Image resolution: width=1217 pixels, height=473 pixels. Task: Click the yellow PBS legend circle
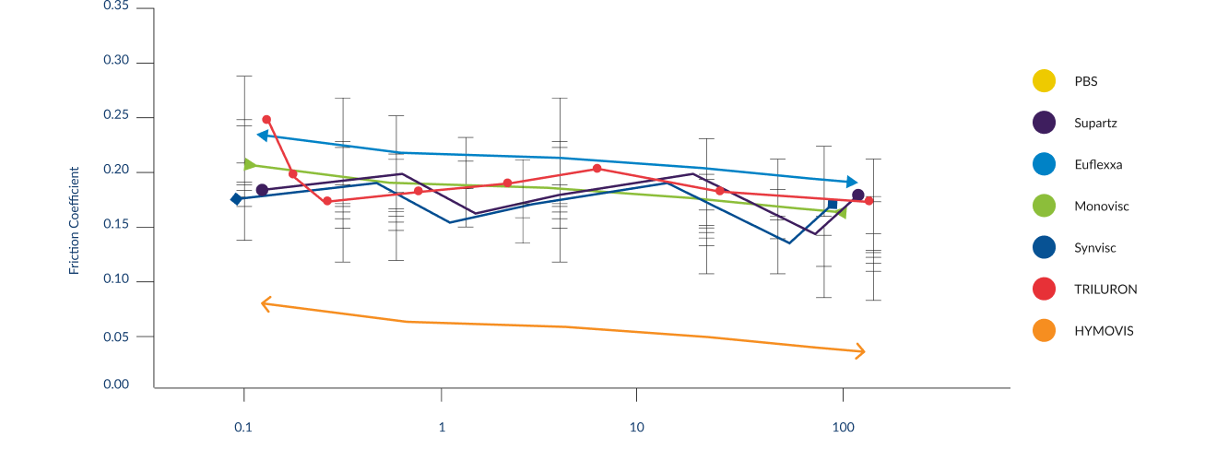click(1044, 81)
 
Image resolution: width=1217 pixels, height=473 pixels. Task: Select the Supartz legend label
click(1095, 124)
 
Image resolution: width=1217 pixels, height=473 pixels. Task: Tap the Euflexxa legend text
click(1097, 165)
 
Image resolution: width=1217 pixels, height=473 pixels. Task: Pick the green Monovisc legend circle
click(1044, 206)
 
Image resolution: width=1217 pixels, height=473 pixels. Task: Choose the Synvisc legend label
click(1094, 248)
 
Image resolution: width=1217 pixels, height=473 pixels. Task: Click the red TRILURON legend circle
click(1044, 289)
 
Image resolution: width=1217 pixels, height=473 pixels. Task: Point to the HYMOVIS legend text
click(1104, 330)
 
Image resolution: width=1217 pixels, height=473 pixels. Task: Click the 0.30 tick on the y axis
click(116, 62)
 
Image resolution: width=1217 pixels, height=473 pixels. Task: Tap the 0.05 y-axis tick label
click(116, 337)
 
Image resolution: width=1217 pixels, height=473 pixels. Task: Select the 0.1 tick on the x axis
click(242, 427)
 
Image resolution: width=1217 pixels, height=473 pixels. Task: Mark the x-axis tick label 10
click(635, 427)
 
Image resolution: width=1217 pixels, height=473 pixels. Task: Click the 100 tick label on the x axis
click(842, 427)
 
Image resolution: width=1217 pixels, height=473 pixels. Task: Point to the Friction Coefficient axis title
click(75, 219)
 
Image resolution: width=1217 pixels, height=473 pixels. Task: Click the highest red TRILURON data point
click(266, 120)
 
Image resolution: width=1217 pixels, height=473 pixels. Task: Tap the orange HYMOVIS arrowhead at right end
click(860, 351)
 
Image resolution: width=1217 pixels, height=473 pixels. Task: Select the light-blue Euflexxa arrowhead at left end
click(263, 136)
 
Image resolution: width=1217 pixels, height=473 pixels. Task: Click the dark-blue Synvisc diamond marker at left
click(237, 198)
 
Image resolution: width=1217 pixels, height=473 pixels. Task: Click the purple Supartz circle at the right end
click(857, 195)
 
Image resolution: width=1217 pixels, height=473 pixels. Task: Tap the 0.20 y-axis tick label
click(116, 171)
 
